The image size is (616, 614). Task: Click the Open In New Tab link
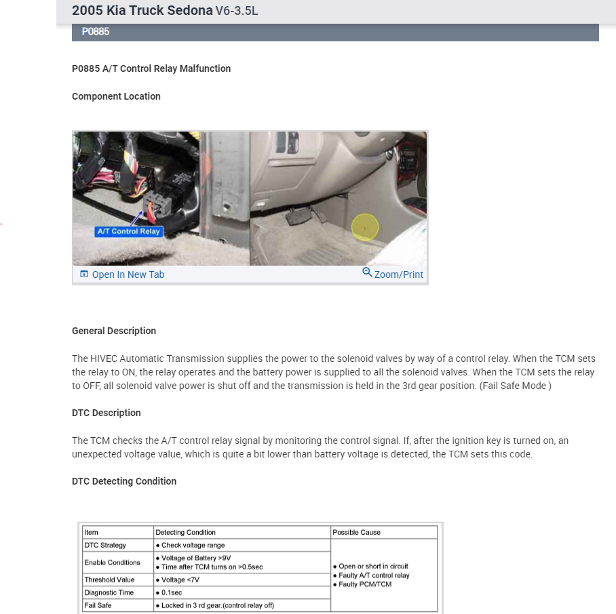click(122, 274)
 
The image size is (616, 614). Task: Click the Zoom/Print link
click(393, 274)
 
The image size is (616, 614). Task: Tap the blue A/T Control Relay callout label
click(129, 231)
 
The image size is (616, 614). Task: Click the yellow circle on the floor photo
click(365, 228)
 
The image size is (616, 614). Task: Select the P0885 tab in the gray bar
click(96, 32)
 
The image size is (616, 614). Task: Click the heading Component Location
click(116, 96)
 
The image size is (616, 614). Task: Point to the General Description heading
click(114, 331)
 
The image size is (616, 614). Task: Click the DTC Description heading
click(107, 413)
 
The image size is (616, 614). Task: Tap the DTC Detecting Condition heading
click(124, 481)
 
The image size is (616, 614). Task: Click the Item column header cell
click(92, 532)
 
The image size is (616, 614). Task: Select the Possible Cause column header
click(356, 532)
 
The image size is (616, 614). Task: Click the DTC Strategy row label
click(105, 545)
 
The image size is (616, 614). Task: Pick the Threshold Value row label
click(109, 579)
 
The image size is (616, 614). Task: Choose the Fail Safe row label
click(98, 605)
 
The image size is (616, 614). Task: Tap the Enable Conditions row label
click(112, 562)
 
